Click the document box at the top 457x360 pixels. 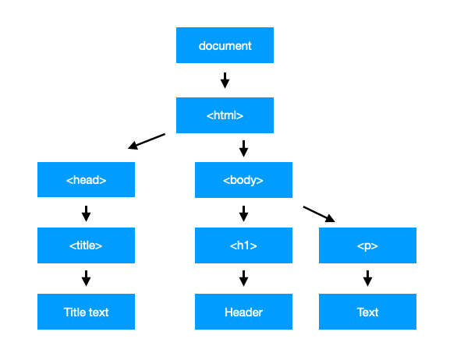(225, 45)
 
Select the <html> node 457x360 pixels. (225, 115)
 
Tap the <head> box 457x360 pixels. (86, 180)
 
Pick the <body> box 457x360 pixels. (243, 180)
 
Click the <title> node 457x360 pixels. (86, 245)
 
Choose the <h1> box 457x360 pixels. (243, 245)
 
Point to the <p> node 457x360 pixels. (367, 245)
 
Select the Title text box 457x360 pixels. (86, 312)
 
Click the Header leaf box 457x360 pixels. (243, 312)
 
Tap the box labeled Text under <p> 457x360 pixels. (367, 312)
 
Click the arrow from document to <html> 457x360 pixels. (225, 80)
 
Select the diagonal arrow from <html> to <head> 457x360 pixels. (147, 141)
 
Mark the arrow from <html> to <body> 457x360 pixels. (243, 148)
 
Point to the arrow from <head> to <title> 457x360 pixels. (86, 213)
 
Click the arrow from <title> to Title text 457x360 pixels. (86, 278)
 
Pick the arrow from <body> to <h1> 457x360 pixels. (243, 213)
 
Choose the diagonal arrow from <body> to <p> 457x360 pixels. (318, 214)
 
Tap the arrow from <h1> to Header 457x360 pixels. (243, 278)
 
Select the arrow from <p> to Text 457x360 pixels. (367, 278)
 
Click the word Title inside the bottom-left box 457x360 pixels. (74, 312)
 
